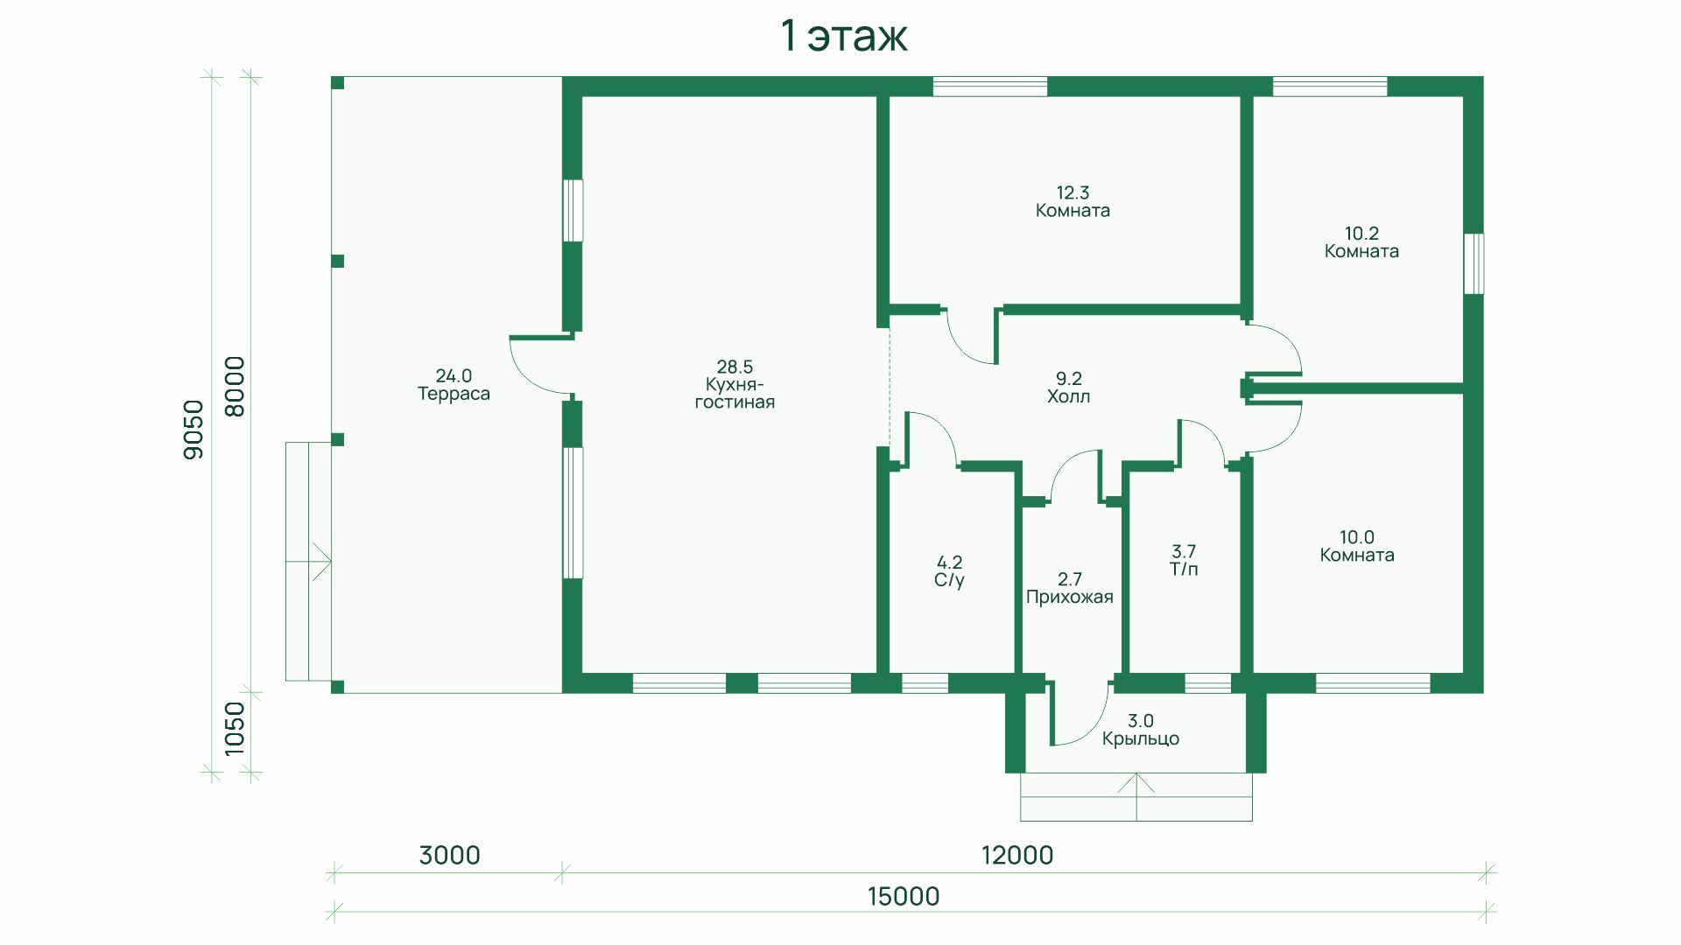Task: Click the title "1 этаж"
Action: [844, 37]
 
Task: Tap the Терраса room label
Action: [454, 394]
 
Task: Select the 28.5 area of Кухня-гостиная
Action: [735, 367]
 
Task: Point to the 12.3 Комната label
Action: [1073, 201]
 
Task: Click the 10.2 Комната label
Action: [1361, 242]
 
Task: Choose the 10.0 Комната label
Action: [1357, 546]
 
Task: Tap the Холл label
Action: [1069, 396]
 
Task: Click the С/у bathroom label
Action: [950, 580]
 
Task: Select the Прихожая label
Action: [1069, 598]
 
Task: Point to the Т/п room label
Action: [1184, 570]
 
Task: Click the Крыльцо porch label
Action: [1141, 738]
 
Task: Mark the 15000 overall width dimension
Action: [904, 896]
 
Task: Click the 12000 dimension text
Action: [1017, 855]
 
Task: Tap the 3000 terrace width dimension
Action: [449, 855]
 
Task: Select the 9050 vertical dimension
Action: [193, 429]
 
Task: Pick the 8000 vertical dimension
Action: [235, 386]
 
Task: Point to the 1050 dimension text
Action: [235, 728]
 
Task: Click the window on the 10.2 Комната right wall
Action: [1474, 263]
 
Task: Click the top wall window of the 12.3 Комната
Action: [990, 87]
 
